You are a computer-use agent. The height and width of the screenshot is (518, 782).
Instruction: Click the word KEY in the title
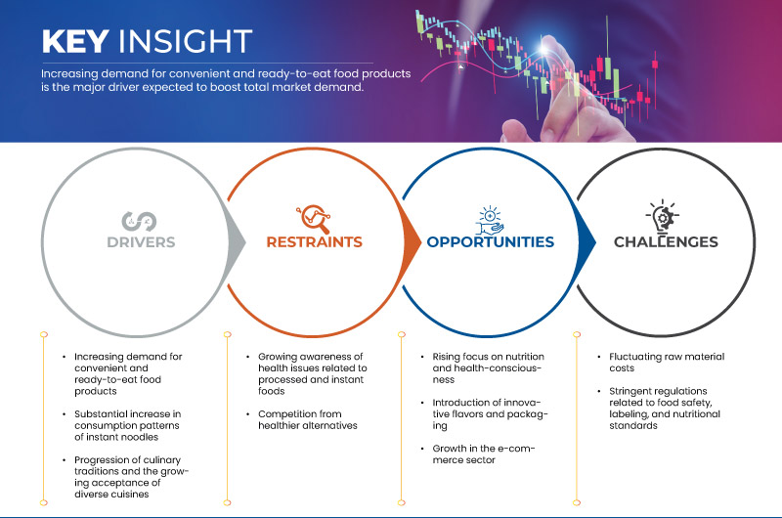click(x=76, y=41)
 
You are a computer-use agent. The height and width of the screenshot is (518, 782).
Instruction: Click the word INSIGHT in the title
click(x=185, y=41)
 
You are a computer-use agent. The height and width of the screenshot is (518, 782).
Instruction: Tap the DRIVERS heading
click(x=141, y=242)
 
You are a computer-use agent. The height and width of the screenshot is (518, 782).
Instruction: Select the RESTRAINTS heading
click(x=314, y=241)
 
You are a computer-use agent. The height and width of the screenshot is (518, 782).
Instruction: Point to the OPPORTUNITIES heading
click(x=491, y=241)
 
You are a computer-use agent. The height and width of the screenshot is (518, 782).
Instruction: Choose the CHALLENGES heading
click(x=666, y=241)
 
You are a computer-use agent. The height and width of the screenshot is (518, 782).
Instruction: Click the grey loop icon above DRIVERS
click(x=139, y=221)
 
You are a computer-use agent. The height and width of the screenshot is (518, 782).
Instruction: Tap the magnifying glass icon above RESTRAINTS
click(x=314, y=218)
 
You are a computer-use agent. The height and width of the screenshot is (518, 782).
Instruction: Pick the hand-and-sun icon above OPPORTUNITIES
click(x=490, y=220)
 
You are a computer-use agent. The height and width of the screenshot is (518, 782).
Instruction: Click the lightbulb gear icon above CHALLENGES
click(x=663, y=217)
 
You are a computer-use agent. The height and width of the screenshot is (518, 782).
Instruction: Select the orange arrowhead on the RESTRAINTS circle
click(x=412, y=242)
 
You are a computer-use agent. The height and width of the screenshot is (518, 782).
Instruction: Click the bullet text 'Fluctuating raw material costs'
click(x=667, y=363)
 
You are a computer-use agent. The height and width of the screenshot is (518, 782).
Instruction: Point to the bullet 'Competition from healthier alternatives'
click(x=308, y=420)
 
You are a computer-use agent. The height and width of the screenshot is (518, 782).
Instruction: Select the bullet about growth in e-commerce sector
click(x=483, y=454)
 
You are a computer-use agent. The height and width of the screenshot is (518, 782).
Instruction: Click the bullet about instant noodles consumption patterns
click(x=128, y=425)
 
